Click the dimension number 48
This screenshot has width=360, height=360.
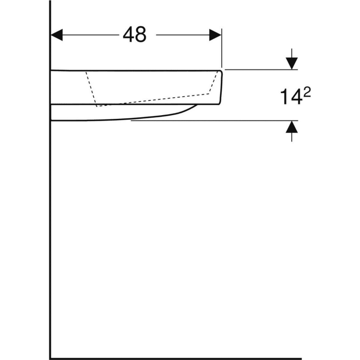coord(134,35)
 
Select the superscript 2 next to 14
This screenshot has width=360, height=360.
coord(308,91)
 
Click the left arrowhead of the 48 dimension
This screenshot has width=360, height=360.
coord(57,35)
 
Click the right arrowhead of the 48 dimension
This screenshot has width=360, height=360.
coord(215,35)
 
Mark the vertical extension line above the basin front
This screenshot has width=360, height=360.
coord(222,49)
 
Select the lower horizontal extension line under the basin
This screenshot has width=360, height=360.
coord(206,121)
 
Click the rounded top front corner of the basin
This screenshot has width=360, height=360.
coord(220,72)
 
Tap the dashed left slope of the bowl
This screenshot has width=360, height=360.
coord(91,87)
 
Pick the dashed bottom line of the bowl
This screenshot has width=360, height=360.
coord(154,100)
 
